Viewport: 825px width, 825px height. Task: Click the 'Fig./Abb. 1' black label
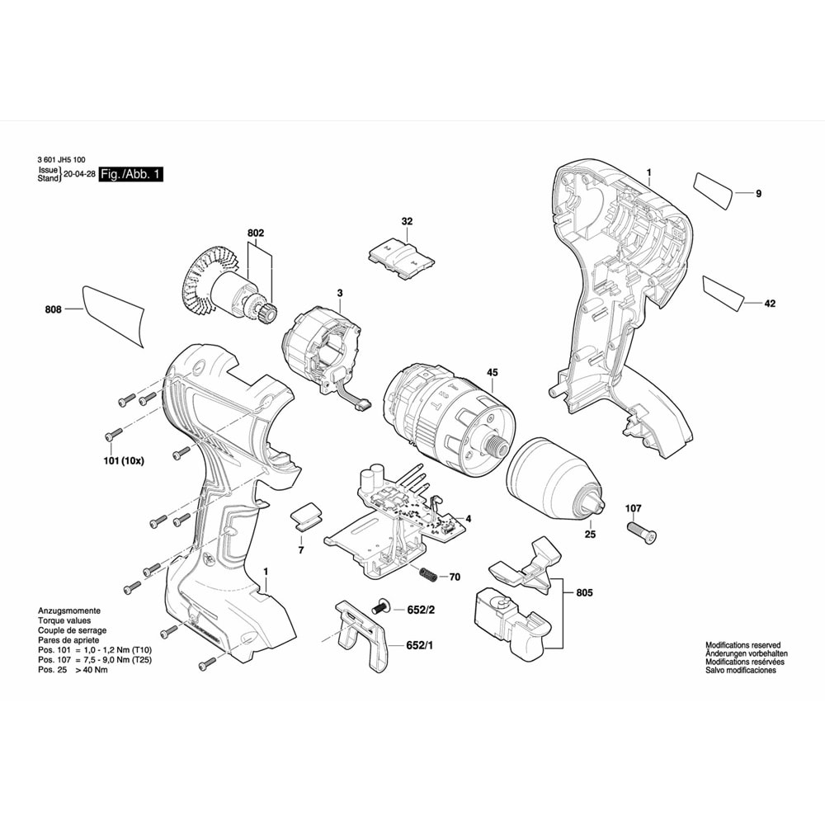point(130,175)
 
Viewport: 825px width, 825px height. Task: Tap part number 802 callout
point(256,234)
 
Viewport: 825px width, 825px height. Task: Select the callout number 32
point(407,221)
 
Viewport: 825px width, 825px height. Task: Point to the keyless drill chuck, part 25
point(554,478)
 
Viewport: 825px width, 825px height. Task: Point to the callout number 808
point(54,310)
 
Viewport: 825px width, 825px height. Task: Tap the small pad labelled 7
point(305,517)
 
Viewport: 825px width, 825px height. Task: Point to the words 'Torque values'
point(64,620)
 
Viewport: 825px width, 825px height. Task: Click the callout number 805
point(584,592)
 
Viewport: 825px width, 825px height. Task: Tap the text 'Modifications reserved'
point(742,644)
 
